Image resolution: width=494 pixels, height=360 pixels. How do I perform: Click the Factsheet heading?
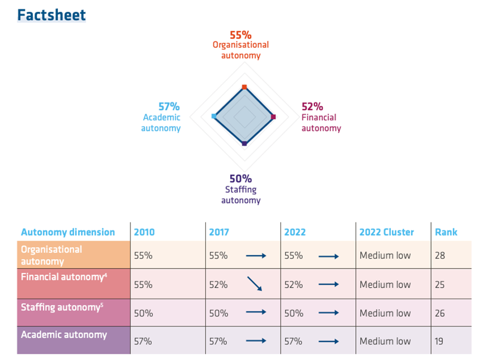point(51,15)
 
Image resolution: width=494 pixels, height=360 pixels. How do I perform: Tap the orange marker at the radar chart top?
point(244,87)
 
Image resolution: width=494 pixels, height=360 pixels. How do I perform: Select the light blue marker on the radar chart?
point(214,116)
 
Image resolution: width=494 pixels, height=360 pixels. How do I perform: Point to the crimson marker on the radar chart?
point(273,116)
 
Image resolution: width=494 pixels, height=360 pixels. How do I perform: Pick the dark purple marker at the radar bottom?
point(244,144)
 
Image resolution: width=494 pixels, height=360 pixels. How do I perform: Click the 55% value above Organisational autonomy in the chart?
point(241,35)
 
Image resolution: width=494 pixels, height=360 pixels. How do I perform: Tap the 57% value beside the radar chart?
point(169,106)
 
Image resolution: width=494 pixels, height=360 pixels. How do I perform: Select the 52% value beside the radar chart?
point(312,106)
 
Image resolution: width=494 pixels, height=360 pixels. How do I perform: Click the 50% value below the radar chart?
point(241,179)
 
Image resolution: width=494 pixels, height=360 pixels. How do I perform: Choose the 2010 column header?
point(144,232)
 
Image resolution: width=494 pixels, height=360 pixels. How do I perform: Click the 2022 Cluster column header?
point(386,232)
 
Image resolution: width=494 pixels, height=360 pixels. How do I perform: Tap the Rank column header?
point(446,232)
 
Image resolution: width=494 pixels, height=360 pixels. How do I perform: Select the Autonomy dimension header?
point(68,232)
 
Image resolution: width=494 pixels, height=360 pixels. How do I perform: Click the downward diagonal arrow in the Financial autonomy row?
point(255,285)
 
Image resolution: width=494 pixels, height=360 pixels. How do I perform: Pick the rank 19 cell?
point(439,341)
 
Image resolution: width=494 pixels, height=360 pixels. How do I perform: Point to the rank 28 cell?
point(440,255)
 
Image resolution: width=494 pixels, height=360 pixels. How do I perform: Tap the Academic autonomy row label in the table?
point(64,335)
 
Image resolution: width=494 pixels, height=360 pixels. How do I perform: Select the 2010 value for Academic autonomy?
point(143,341)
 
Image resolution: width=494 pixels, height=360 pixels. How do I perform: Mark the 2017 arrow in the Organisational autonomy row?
point(256,256)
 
